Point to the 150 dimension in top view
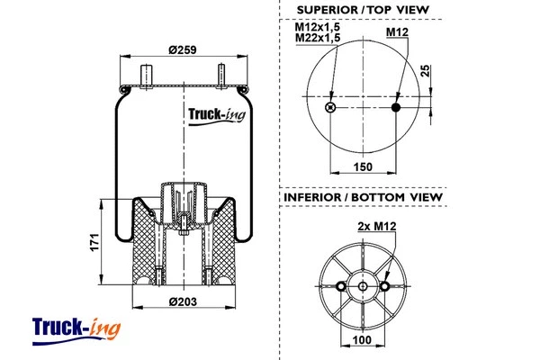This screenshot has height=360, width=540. click(x=364, y=166)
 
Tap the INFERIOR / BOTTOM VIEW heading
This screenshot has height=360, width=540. click(x=363, y=196)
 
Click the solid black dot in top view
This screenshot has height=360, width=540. click(x=396, y=108)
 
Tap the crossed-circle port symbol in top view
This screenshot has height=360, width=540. click(x=330, y=108)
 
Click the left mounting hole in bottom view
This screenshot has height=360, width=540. click(x=341, y=287)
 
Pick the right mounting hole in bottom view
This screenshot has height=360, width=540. click(x=385, y=287)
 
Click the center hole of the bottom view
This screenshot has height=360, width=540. click(x=363, y=287)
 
